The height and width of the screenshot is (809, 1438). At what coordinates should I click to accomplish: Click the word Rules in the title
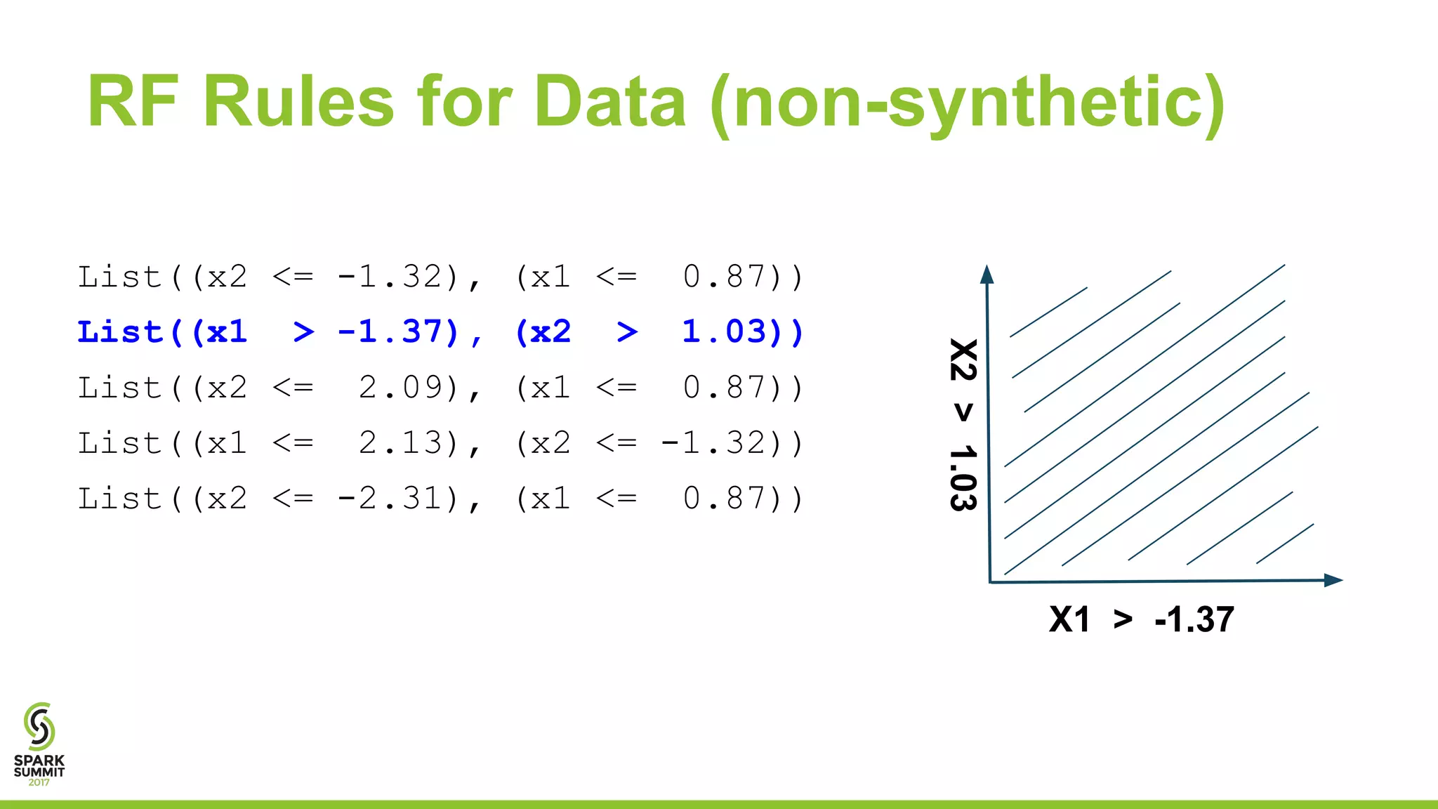[298, 103]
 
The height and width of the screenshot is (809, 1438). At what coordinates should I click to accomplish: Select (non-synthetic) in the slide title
[968, 104]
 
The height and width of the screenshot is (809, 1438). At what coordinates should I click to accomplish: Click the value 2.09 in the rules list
[400, 388]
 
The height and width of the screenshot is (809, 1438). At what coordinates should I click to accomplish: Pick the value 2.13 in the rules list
[400, 443]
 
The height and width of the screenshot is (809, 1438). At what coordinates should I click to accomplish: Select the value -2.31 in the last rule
[390, 499]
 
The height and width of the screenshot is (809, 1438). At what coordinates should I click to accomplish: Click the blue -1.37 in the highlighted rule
[390, 332]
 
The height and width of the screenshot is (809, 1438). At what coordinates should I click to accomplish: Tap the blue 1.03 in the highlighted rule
[724, 332]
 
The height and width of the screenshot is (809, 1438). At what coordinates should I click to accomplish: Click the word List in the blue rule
[119, 332]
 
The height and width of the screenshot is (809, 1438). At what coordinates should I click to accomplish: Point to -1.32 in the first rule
[390, 277]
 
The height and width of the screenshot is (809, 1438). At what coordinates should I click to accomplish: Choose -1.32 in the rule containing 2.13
[713, 443]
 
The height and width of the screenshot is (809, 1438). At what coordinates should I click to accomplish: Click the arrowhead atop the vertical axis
[987, 275]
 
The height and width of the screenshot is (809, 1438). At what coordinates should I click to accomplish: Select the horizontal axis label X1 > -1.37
[1141, 619]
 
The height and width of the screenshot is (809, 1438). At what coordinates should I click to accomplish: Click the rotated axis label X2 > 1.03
[963, 425]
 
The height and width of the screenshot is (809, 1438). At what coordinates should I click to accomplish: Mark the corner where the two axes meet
[990, 582]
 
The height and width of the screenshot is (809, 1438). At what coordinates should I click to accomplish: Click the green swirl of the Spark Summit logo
[39, 726]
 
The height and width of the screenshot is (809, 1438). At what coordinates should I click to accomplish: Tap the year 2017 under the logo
[39, 782]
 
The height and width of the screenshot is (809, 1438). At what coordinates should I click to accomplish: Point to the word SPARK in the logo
[39, 761]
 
